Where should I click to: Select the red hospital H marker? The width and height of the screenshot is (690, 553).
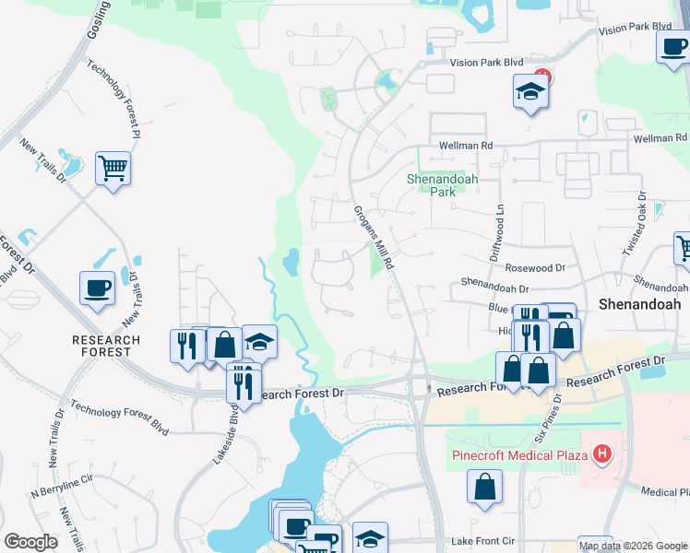602,453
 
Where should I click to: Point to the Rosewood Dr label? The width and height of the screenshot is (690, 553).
534,267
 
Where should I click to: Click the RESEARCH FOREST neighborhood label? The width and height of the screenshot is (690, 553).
106,347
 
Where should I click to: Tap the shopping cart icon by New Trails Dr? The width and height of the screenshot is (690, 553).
113,169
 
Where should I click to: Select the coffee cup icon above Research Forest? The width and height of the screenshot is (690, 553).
97,288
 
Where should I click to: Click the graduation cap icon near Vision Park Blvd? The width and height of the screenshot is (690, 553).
529,92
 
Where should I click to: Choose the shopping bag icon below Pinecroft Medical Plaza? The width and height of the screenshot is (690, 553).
484,486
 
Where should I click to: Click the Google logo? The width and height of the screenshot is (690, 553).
30,542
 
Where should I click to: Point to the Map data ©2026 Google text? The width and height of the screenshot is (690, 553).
633,546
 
